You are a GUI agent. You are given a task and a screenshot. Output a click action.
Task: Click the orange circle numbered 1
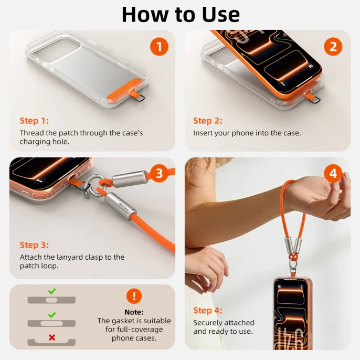[159, 47]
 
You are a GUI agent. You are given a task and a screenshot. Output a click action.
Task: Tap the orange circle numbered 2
[333, 47]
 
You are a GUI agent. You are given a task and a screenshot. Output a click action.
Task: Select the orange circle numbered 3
[159, 173]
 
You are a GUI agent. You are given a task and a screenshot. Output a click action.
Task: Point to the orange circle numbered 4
[333, 173]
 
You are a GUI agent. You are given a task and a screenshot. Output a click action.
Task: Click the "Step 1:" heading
[34, 121]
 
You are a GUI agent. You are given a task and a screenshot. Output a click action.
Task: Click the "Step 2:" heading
[208, 121]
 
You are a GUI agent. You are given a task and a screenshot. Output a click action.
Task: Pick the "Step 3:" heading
[34, 245]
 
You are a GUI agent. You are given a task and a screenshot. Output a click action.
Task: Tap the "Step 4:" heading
[208, 311]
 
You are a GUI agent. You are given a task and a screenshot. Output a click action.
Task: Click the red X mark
[52, 337]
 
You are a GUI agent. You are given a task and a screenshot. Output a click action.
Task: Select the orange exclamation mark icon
[134, 296]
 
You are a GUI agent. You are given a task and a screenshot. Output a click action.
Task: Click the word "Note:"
[134, 312]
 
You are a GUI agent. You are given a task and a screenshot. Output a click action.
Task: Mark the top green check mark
[52, 291]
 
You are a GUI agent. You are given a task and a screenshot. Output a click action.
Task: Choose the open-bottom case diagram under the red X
[51, 342]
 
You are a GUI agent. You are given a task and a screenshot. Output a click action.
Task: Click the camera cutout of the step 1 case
[57, 50]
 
